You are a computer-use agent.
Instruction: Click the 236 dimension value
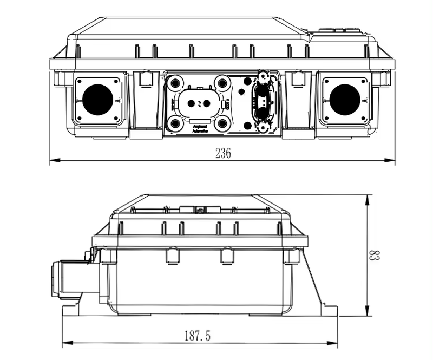coord(222,153)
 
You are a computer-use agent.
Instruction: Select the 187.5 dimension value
coord(197,336)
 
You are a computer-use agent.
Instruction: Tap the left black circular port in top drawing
coord(98,100)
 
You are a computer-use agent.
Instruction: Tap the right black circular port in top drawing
coord(345,100)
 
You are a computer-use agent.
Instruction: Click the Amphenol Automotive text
coord(200,129)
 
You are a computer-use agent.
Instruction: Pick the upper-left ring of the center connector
coord(175,83)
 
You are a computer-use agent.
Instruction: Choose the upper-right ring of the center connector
coord(222,83)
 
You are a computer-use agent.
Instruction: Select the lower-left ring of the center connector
coord(175,124)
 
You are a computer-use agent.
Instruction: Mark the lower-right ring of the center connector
coord(222,124)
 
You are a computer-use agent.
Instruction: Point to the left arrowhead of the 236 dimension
coord(53,160)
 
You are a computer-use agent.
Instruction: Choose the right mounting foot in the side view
coord(329,311)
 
